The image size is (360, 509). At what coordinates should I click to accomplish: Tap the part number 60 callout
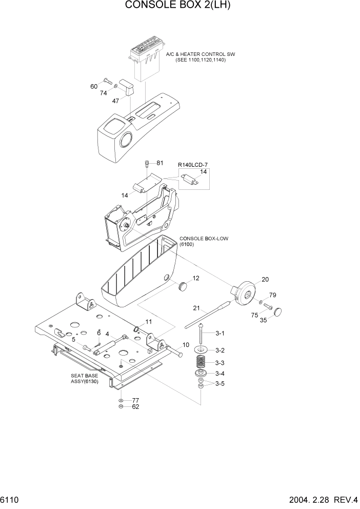94,86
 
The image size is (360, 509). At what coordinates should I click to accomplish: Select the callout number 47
115,101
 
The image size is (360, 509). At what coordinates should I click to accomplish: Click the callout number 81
159,163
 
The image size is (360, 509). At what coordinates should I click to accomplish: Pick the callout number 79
272,295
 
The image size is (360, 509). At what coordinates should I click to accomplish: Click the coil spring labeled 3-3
202,362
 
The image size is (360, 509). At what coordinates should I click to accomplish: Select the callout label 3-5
219,383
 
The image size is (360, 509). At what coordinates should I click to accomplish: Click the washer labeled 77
120,400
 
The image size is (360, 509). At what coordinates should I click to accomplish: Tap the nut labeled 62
120,407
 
